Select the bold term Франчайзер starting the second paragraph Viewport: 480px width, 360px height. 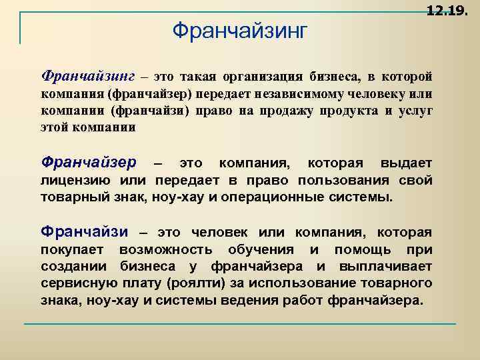pos(88,163)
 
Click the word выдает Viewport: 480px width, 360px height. pos(406,163)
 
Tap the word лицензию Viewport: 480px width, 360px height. pos(77,181)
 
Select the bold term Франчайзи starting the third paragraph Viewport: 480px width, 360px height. pos(85,232)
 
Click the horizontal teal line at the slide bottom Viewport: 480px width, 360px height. pos(240,324)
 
